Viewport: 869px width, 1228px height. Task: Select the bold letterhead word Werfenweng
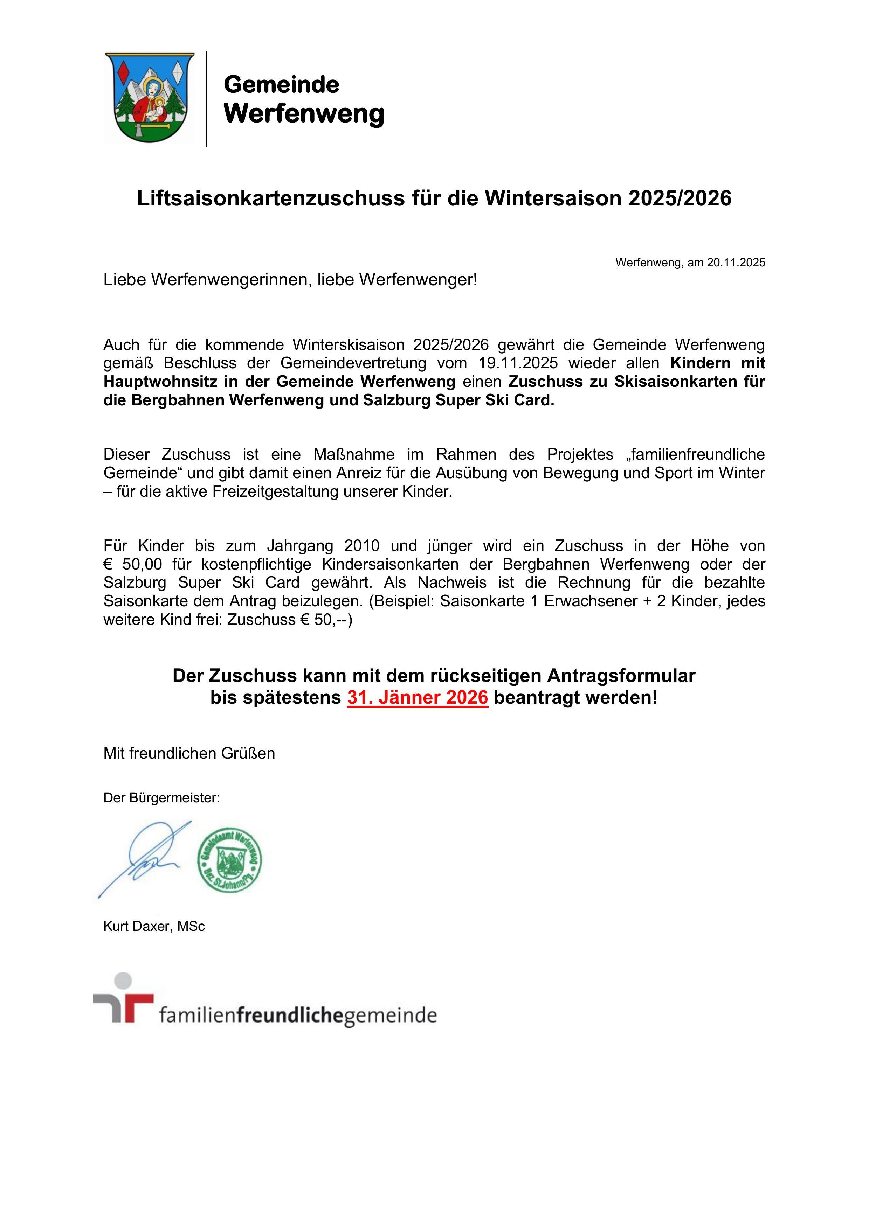(303, 113)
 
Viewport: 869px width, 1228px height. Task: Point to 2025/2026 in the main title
(680, 198)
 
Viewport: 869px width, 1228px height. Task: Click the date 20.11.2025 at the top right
(736, 263)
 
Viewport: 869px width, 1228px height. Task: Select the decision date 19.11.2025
(518, 363)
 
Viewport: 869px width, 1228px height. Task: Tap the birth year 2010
(362, 546)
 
